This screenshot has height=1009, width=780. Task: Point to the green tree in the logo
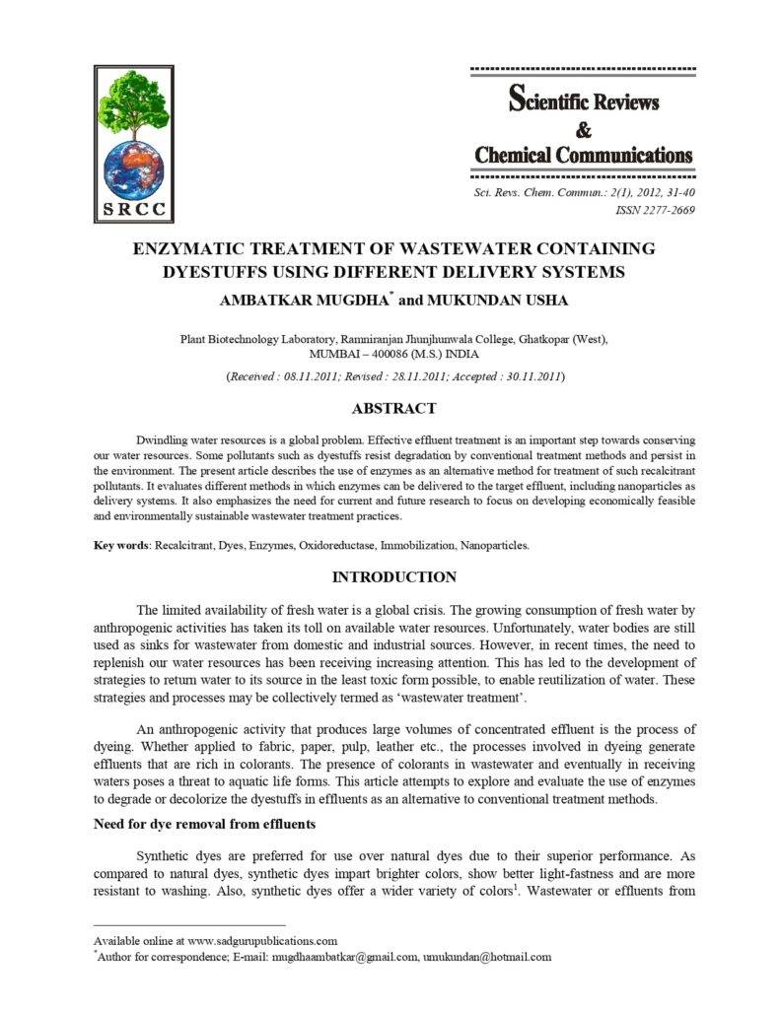[135, 103]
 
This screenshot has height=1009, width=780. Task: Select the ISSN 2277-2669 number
[655, 210]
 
